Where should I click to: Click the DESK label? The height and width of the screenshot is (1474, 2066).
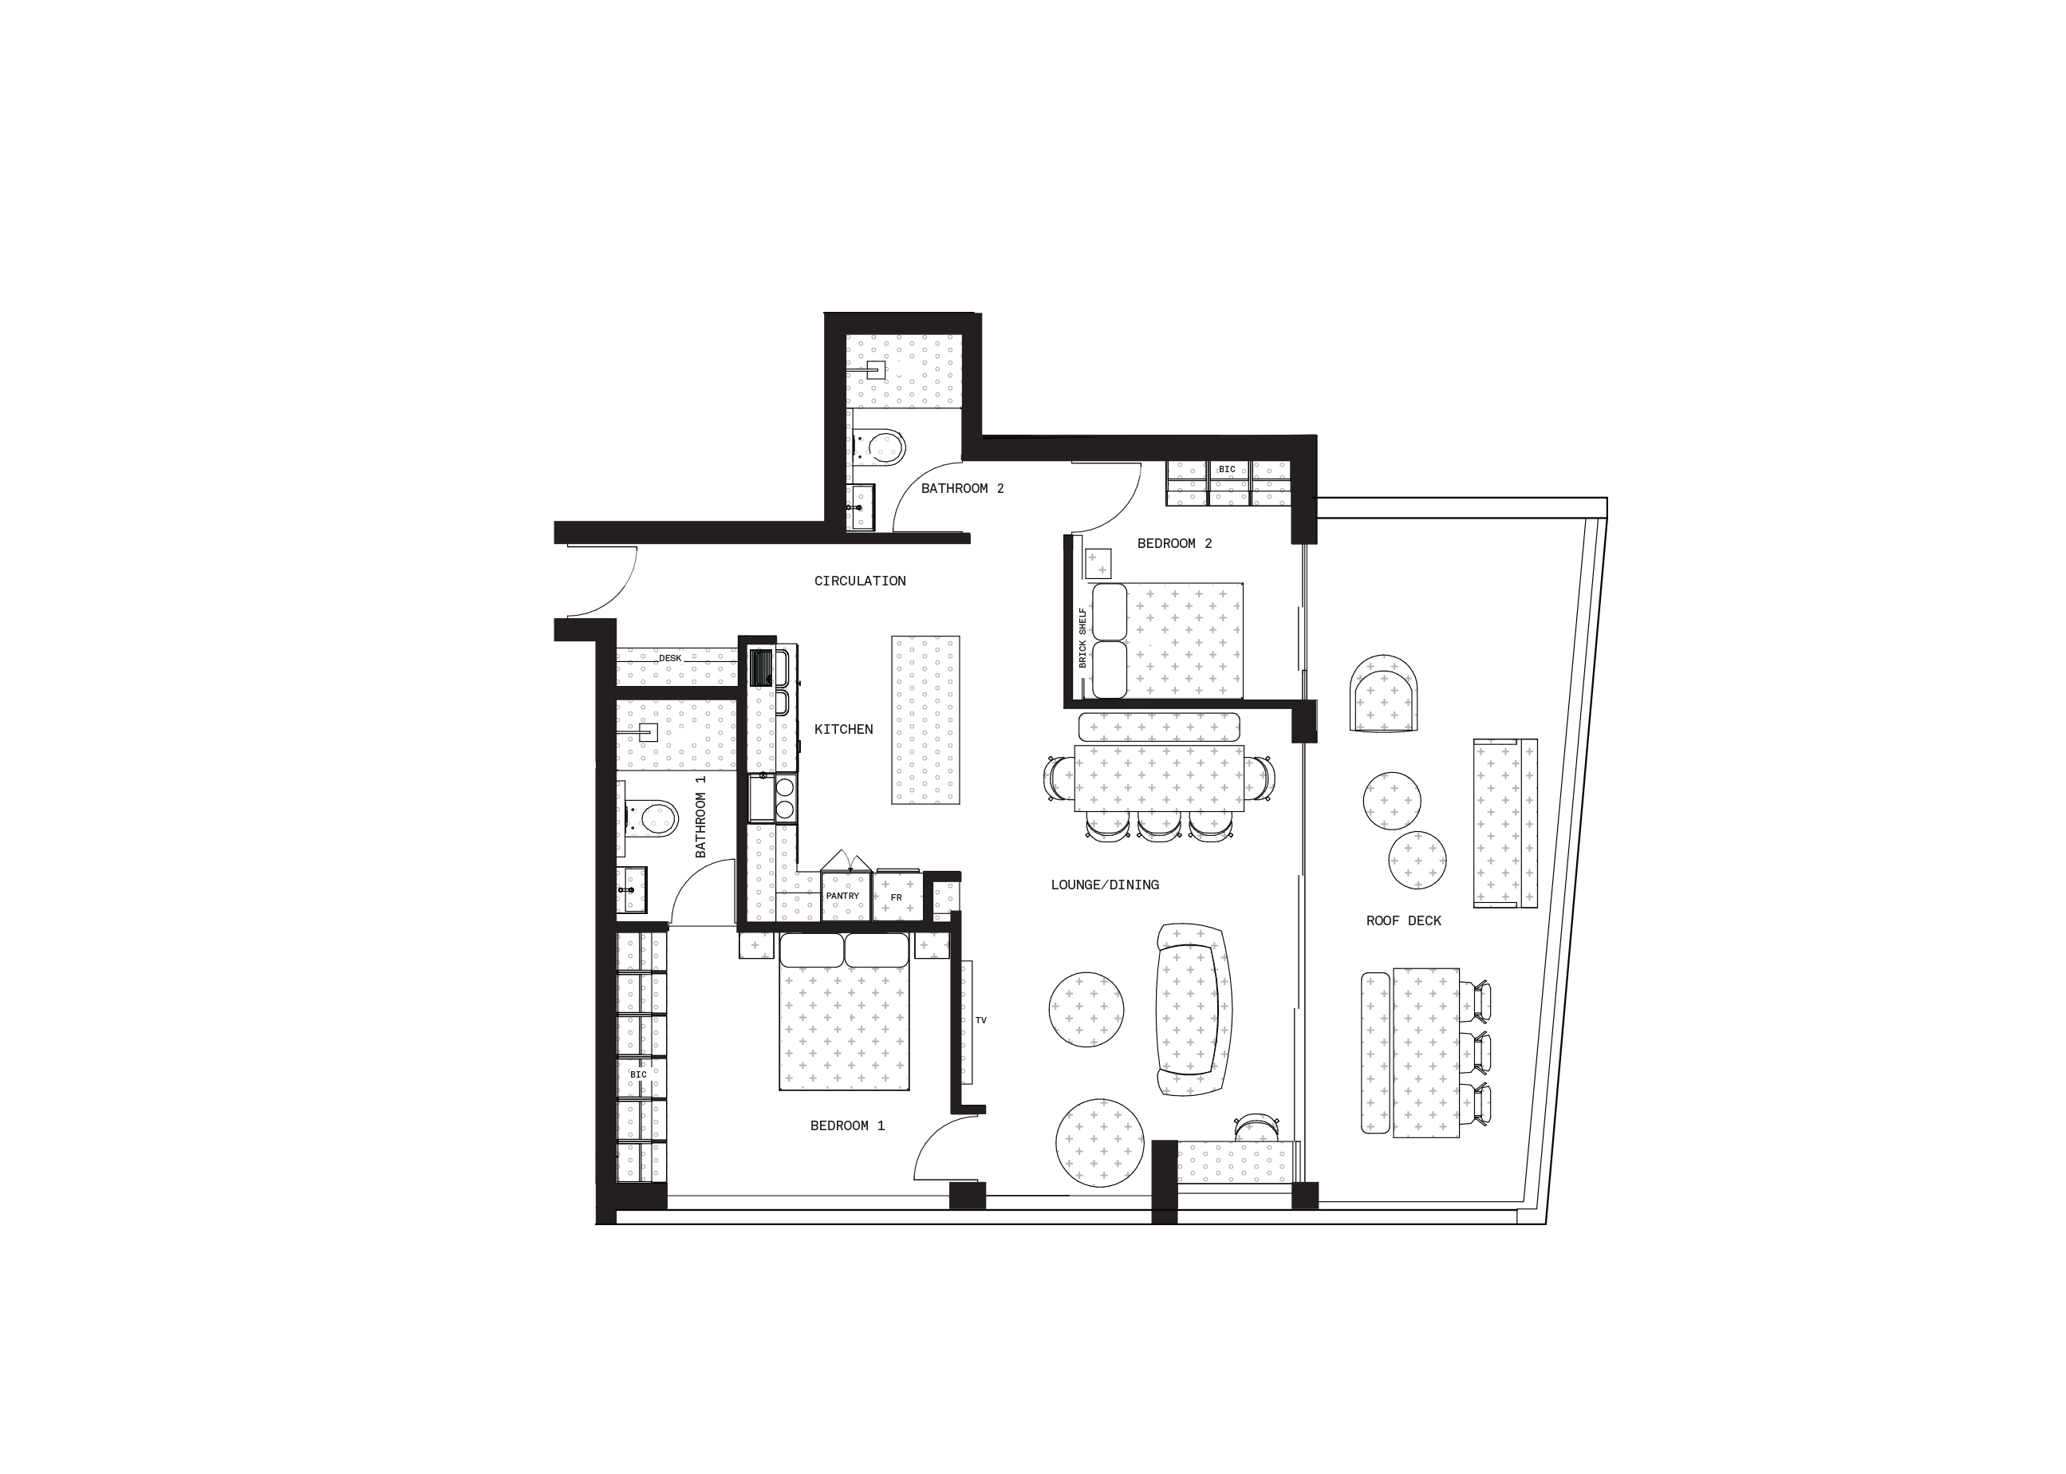click(x=670, y=658)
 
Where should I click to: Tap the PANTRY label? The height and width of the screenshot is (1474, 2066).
click(x=842, y=896)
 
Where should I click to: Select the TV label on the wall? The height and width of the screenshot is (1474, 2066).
click(x=980, y=1020)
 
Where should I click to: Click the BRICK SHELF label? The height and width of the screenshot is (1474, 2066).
click(x=1082, y=638)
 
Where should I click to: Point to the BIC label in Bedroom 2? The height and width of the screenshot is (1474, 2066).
click(x=1228, y=469)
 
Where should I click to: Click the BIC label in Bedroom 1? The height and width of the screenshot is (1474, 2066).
click(x=639, y=1074)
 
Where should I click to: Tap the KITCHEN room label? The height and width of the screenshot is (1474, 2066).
click(x=843, y=730)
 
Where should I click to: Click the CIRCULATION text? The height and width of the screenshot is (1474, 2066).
click(x=860, y=581)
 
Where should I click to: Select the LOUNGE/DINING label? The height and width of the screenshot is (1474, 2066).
click(x=1105, y=885)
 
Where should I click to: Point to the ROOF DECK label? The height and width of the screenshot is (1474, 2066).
click(x=1403, y=921)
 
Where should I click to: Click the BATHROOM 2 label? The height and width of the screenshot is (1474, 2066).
click(x=962, y=488)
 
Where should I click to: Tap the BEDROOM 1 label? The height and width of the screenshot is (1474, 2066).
click(x=847, y=1125)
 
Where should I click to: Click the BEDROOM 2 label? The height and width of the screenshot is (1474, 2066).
click(x=1175, y=544)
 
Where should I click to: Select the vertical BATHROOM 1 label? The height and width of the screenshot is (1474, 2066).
click(x=700, y=817)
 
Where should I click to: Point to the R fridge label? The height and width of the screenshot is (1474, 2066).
click(x=899, y=897)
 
